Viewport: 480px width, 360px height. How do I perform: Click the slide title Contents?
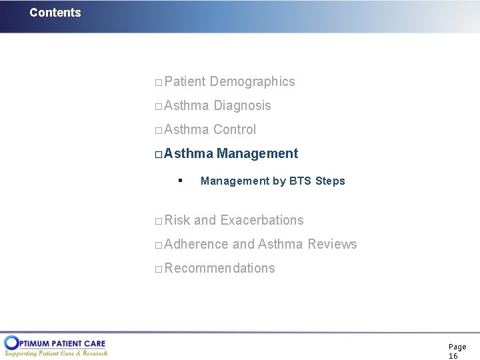coord(55,13)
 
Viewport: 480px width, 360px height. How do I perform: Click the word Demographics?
coord(252,81)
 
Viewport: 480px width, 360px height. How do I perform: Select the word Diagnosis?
coord(242,105)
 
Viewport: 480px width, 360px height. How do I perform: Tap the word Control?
coord(234,129)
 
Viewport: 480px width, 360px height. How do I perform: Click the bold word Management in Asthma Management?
coord(257,153)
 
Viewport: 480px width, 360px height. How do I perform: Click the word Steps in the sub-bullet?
coord(331,181)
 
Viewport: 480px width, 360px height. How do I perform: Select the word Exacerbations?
coord(262,220)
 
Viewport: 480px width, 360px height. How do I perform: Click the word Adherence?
coord(196,244)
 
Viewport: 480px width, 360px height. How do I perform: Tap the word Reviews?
coord(332,244)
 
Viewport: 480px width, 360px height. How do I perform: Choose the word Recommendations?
coord(219,268)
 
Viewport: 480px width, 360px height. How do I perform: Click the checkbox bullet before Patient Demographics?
coord(158,83)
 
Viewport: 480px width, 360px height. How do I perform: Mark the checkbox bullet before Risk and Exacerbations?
coord(158,221)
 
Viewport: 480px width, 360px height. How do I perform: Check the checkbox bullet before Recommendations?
coord(158,269)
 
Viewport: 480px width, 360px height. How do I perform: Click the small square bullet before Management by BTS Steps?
coord(181,181)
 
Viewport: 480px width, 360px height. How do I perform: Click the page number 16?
coord(453,356)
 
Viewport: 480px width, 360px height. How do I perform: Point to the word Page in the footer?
coord(457,347)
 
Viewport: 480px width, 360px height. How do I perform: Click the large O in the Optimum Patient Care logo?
coord(11,343)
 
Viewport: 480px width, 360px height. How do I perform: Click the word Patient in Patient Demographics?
coord(185,81)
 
